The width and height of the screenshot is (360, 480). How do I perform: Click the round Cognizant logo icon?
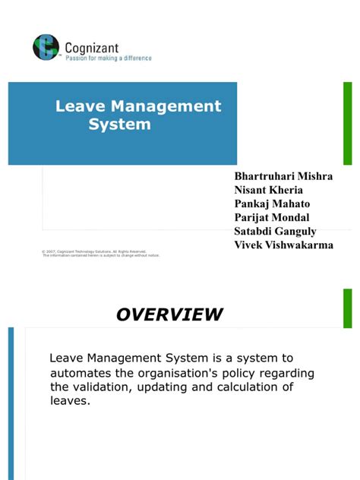click(x=46, y=47)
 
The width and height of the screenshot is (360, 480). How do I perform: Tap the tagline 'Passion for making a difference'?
click(x=108, y=58)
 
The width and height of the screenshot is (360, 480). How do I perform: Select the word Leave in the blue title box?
click(x=79, y=106)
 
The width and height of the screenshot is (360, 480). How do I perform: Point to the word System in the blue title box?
click(x=119, y=124)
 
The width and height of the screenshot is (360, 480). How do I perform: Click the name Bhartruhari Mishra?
click(x=284, y=175)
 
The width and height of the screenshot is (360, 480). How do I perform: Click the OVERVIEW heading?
click(x=169, y=314)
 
